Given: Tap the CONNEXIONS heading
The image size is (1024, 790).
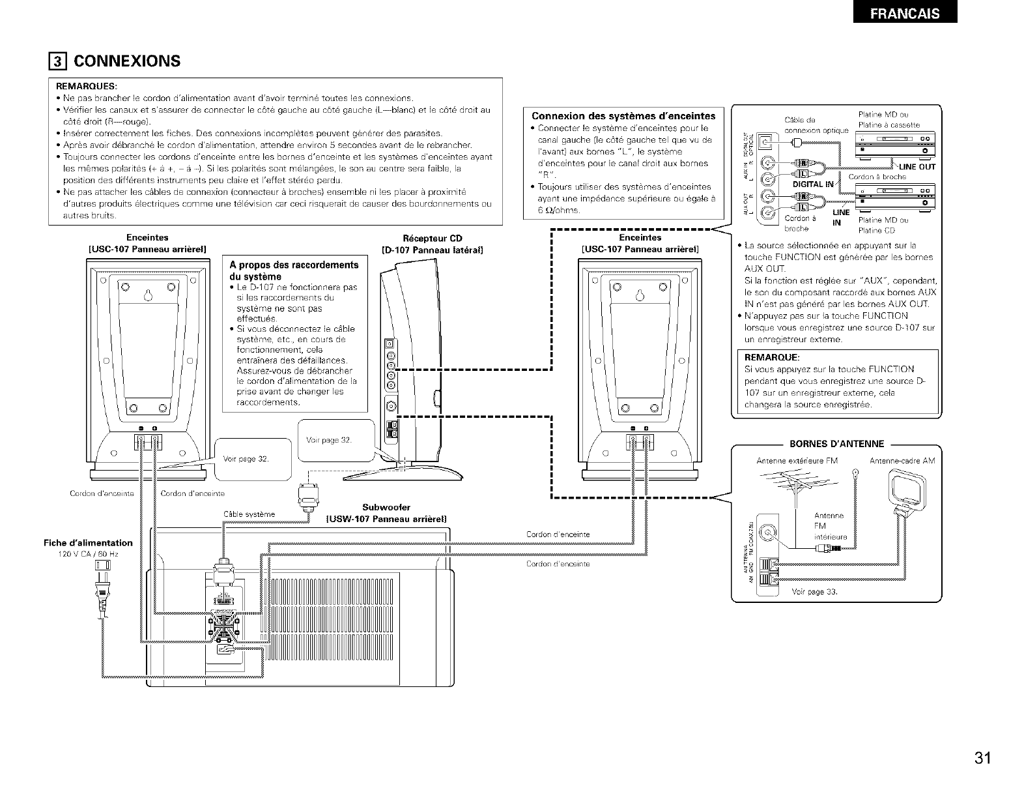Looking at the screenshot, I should pyautogui.click(x=126, y=61).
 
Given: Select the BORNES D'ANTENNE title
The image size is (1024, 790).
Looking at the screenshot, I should pyautogui.click(x=836, y=445).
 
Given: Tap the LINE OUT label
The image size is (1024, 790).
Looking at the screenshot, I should pyautogui.click(x=917, y=167).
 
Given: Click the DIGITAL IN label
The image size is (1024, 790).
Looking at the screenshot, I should pyautogui.click(x=812, y=184).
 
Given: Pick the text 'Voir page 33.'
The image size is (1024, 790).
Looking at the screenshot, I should pyautogui.click(x=814, y=592).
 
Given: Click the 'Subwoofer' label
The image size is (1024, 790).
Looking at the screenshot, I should pyautogui.click(x=386, y=506).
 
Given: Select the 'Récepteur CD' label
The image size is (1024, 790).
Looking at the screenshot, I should pyautogui.click(x=433, y=238).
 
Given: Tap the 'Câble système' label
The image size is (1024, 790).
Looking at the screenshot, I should pyautogui.click(x=249, y=514).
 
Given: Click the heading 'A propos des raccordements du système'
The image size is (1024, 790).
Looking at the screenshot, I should pyautogui.click(x=294, y=270).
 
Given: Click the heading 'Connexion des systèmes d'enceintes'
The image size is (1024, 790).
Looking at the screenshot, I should pyautogui.click(x=623, y=116).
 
